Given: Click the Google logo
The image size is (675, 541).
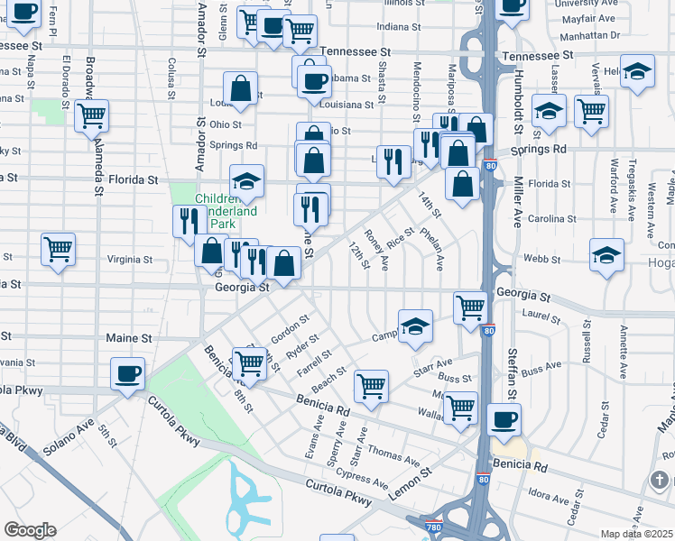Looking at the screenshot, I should click(x=30, y=530).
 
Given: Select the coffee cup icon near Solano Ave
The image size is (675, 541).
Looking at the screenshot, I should click(x=127, y=374).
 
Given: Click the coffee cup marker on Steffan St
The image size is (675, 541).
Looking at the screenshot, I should click(x=504, y=420).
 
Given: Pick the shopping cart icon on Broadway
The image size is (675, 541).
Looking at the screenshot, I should click(x=91, y=116).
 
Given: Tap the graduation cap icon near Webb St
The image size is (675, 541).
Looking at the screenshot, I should click(x=606, y=255).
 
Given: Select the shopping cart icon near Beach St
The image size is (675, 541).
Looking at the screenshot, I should click(x=371, y=387).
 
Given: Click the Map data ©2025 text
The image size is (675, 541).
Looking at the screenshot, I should click(x=636, y=534).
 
